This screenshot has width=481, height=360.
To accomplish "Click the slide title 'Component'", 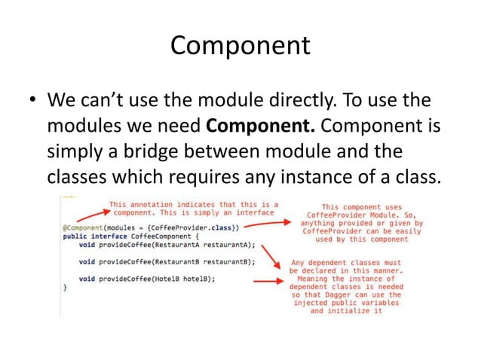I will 240,46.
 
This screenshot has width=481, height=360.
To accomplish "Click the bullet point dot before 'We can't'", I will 31,101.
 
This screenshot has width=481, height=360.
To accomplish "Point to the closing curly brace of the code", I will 64,287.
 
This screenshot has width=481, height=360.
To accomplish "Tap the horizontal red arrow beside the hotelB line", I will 267,281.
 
